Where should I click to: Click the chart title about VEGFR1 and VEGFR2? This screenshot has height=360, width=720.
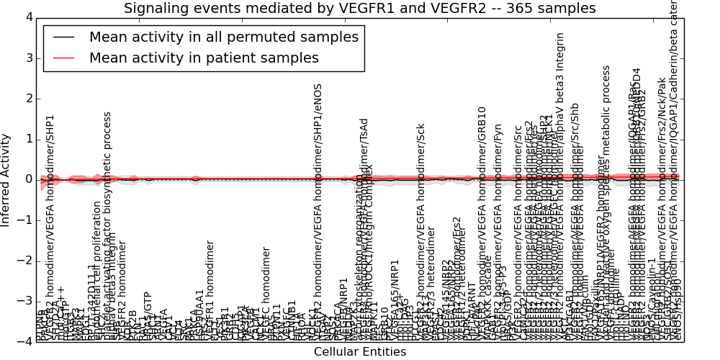tap(359, 9)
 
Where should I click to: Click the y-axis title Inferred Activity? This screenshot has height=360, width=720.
tap(6, 179)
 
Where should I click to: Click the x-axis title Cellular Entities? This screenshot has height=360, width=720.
tap(359, 351)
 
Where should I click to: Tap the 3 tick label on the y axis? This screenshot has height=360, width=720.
tap(26, 58)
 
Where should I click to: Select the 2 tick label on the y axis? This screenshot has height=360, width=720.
tap(26, 98)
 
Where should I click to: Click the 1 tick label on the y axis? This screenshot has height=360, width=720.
tap(26, 139)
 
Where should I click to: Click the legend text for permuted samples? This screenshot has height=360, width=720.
tap(223, 37)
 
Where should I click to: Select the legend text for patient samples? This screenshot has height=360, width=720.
tap(204, 58)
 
